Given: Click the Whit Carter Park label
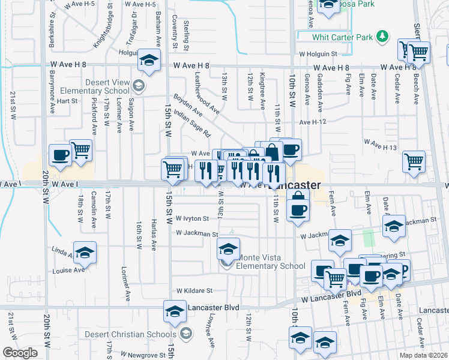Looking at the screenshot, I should tap(343, 37).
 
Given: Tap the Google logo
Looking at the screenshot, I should tap(20, 353).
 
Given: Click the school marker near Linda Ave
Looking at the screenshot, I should tap(85, 252).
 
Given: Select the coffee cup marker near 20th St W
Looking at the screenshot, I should tap(61, 154).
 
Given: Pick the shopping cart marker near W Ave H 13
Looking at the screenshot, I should tap(414, 160).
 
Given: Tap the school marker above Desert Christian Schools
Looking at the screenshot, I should tap(175, 311).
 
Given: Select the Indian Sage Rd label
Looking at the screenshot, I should tap(192, 122).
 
